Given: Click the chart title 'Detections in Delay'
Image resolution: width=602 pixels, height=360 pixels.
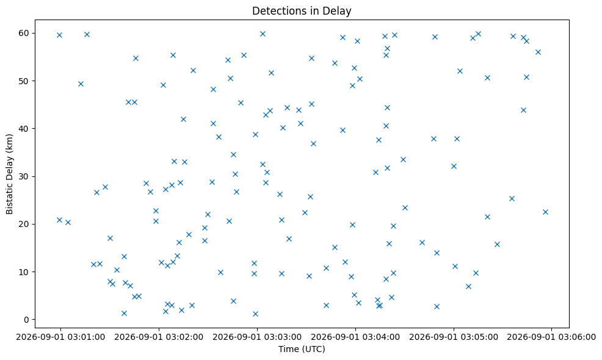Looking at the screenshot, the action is (x=302, y=11).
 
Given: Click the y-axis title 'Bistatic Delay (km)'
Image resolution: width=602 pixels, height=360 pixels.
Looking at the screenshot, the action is (x=10, y=174).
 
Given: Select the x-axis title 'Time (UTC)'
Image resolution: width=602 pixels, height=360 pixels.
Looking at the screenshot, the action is (x=302, y=349).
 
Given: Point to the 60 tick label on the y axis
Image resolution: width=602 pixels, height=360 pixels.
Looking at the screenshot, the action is (x=24, y=33).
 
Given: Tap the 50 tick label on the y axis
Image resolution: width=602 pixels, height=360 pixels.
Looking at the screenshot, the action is (x=24, y=81).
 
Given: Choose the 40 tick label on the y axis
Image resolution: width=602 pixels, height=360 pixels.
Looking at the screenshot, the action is (x=24, y=129).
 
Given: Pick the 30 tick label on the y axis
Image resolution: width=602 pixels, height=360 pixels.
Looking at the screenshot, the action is (x=24, y=176).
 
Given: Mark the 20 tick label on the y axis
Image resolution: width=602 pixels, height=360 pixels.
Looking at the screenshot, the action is (x=24, y=224).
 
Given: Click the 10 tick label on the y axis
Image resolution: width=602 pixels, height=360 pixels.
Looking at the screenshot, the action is (x=24, y=272).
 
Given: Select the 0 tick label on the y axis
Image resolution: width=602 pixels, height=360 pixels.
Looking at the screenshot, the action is (x=27, y=320).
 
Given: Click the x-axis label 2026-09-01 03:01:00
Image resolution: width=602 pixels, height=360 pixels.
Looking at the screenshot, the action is (x=60, y=337).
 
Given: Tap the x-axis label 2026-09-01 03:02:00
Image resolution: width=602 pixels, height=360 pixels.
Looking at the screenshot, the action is (x=159, y=337).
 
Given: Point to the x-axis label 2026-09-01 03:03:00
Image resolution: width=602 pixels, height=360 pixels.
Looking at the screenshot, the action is (x=257, y=337).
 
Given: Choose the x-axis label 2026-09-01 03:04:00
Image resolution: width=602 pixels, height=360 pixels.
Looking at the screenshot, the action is (x=355, y=337).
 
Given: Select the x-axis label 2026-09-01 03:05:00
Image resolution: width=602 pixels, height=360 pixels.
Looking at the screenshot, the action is (x=454, y=337).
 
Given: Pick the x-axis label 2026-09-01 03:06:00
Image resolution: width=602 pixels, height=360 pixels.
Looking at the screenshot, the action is (x=552, y=337).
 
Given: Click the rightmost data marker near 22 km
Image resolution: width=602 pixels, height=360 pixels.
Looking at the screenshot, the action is (x=545, y=212).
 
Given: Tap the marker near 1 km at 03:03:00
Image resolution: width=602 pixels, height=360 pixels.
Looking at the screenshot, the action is (x=255, y=314).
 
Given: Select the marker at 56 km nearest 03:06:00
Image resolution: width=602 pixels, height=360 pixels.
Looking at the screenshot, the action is (x=538, y=52).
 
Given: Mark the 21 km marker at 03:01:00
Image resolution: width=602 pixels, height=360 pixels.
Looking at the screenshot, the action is (x=59, y=220).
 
